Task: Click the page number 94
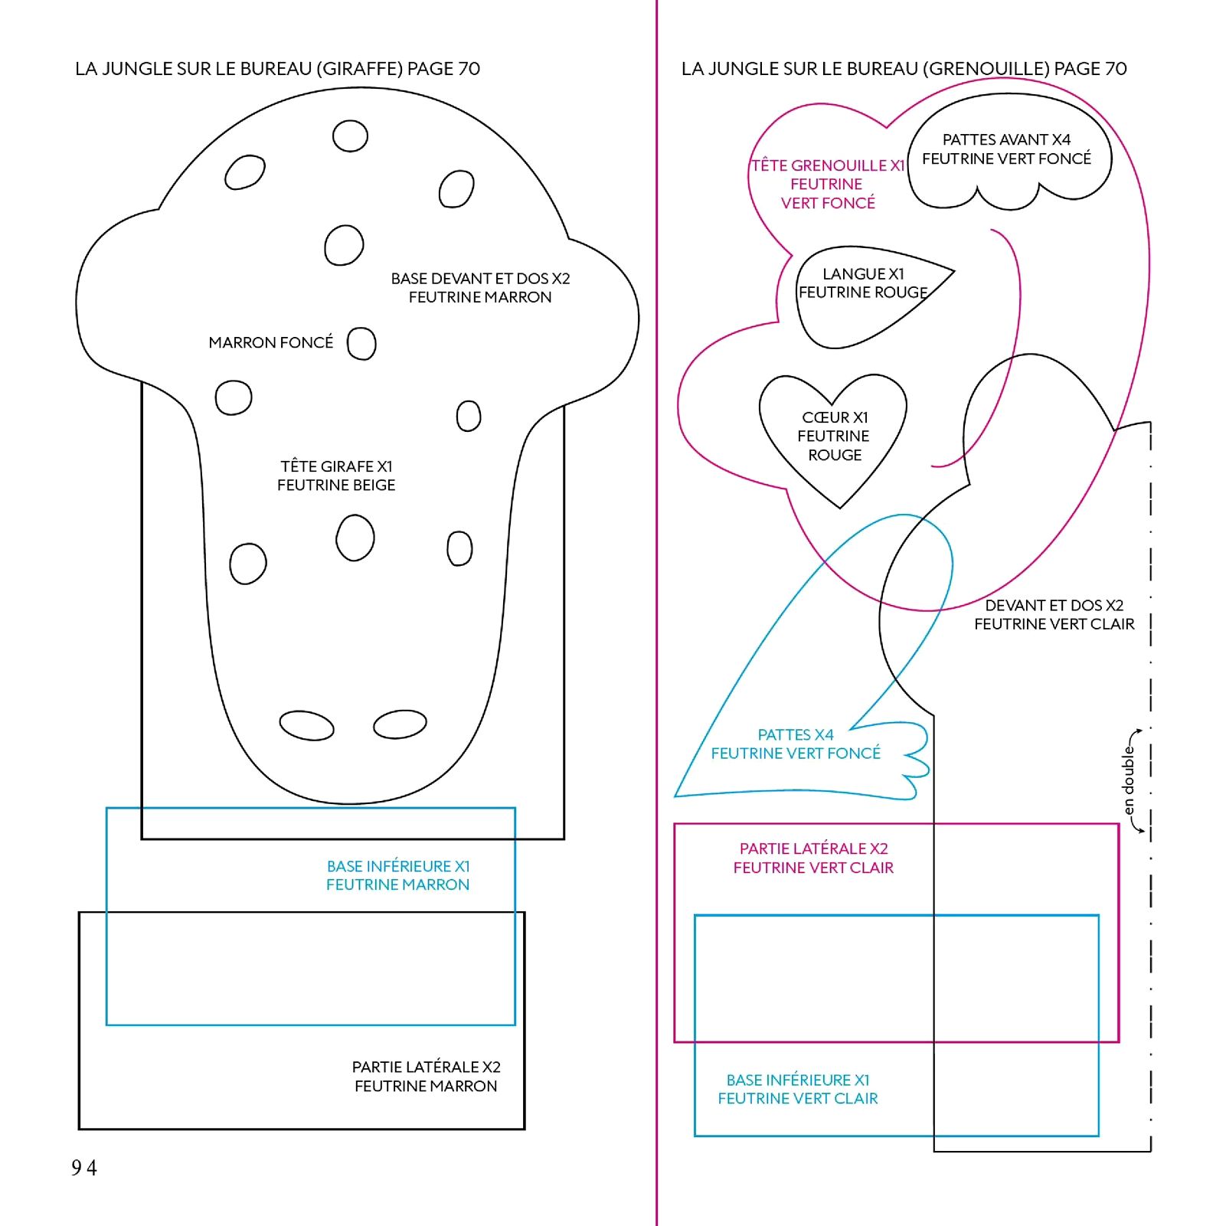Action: pos(84,1168)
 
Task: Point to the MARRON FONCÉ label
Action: pos(271,342)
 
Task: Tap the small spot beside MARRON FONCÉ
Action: pos(361,343)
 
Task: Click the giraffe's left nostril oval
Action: pos(307,725)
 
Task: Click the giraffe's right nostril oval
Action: pos(400,724)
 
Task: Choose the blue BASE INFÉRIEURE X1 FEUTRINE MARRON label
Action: pos(398,875)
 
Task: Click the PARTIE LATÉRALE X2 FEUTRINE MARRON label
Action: pos(426,1076)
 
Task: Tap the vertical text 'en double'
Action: pos(1128,781)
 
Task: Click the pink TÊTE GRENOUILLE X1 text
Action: pos(828,166)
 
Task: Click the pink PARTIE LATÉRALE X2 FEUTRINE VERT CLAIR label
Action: pos(813,858)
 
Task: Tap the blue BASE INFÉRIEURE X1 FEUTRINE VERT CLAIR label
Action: pos(798,1089)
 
